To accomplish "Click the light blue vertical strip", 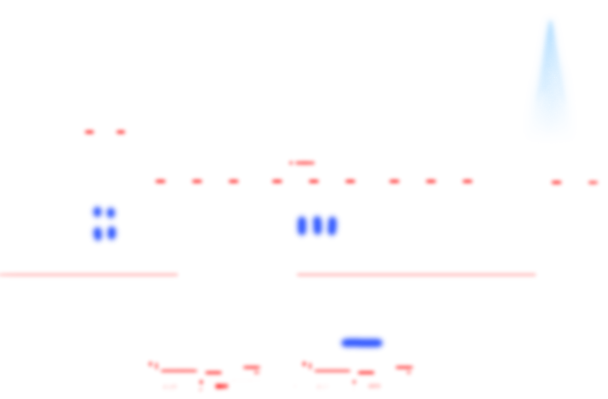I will pos(548,78).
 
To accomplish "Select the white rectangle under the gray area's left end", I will pos(37,127).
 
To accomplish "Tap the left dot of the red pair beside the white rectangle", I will pos(89,132).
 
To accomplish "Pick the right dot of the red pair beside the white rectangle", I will pos(121,132).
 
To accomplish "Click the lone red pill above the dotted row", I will pos(302,163).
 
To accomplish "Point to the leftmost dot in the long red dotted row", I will pos(161,182).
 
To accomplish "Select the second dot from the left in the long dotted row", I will pos(197,182).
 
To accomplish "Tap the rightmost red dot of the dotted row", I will pos(593,183).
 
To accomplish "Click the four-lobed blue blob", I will pos(105,224).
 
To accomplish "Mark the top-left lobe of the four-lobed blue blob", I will pos(97,212).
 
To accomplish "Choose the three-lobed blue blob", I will pos(317,225).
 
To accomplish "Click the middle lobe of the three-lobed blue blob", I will pos(317,225).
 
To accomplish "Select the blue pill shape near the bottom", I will pos(362,343).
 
